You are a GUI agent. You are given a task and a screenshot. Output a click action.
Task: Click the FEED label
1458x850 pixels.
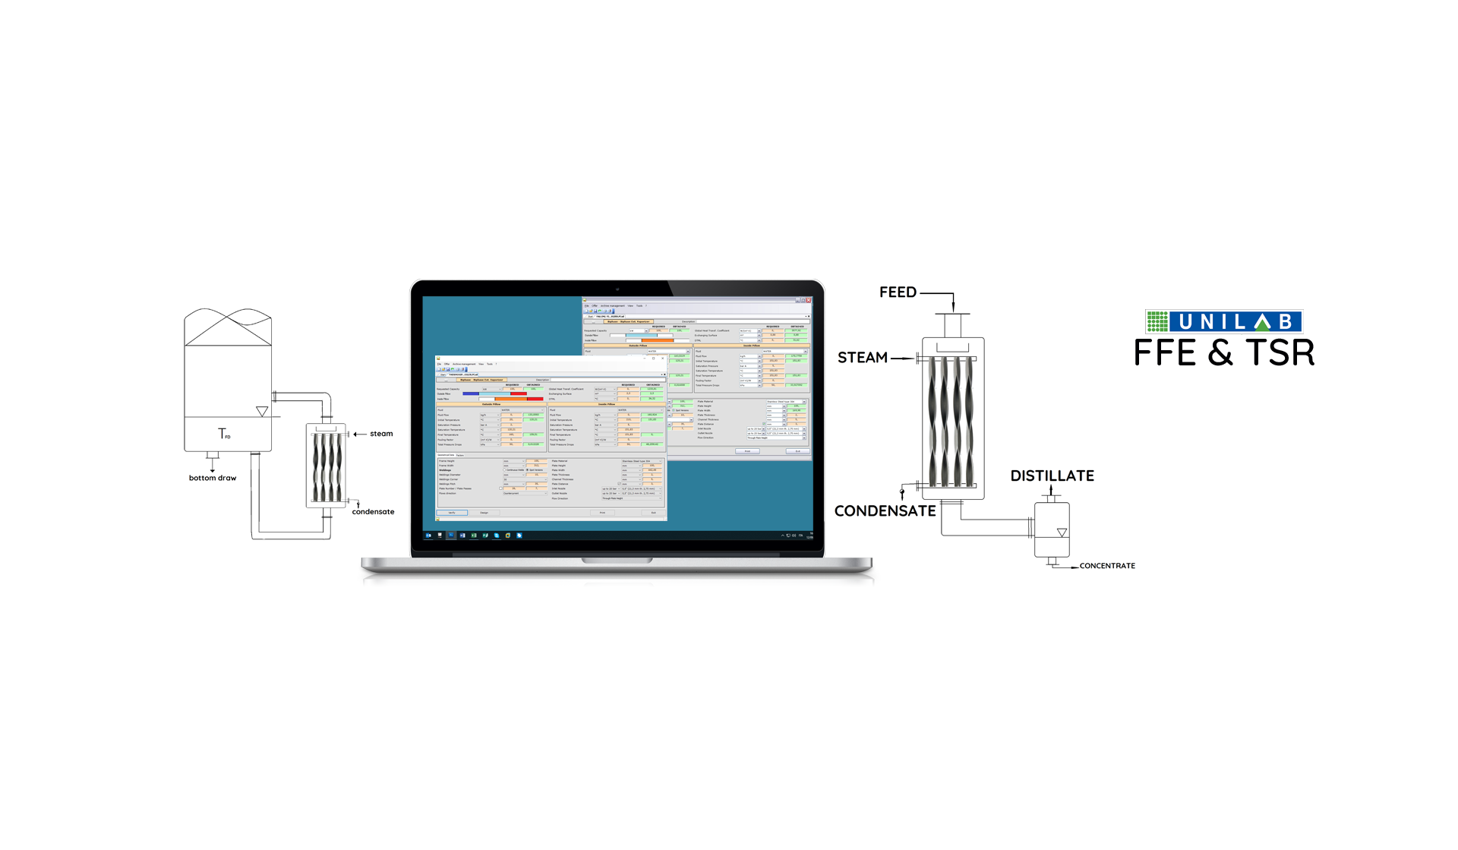[x=898, y=292]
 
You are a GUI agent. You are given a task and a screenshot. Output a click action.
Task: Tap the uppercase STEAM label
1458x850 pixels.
[x=862, y=358]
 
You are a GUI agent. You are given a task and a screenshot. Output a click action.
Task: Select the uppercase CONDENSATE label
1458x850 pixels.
[x=885, y=511]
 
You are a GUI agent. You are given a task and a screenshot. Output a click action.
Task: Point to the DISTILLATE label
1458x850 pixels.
[x=1052, y=476]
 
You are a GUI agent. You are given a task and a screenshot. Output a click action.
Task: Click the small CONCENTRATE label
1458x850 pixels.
[x=1107, y=566]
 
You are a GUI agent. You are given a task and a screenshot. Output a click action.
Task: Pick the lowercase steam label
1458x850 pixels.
[x=381, y=434]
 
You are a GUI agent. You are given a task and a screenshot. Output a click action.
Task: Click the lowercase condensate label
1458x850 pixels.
[x=373, y=512]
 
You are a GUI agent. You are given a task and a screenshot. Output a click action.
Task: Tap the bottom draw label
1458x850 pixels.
[x=213, y=478]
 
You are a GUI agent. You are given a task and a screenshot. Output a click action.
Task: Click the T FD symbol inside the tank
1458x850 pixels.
[x=224, y=434]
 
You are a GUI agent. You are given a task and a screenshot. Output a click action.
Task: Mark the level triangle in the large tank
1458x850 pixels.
[x=262, y=411]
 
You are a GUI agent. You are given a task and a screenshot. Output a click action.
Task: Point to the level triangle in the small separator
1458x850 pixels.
[x=1062, y=532]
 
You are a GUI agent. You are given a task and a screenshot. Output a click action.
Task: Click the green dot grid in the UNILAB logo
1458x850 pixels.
[x=1157, y=321]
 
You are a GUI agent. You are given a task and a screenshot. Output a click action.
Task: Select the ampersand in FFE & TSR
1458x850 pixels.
[x=1220, y=353]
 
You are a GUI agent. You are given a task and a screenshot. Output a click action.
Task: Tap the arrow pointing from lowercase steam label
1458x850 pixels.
[x=358, y=434]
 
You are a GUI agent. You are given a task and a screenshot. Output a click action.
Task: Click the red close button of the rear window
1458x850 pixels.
[x=808, y=300]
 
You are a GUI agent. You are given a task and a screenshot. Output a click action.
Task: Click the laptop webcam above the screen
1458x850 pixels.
[x=617, y=289]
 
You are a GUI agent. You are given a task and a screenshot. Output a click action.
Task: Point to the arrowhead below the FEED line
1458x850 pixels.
[x=953, y=306]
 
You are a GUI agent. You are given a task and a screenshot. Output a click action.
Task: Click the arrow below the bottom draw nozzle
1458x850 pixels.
[x=213, y=469]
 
